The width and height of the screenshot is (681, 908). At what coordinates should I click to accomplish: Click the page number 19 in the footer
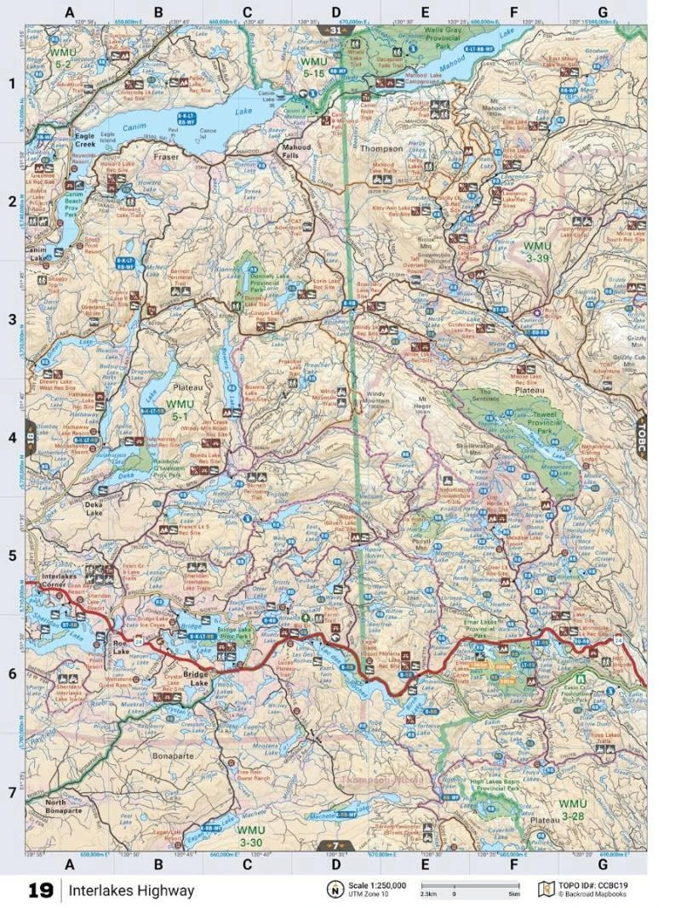click(x=40, y=890)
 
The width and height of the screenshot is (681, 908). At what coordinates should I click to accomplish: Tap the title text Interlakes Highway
click(x=132, y=891)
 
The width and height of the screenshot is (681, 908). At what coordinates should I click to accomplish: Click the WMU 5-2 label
click(x=63, y=59)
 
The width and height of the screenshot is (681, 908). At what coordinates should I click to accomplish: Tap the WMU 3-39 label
click(x=537, y=252)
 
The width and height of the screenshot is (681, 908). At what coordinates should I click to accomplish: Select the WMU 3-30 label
click(x=252, y=835)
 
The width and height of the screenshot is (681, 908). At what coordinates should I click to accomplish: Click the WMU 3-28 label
click(x=572, y=809)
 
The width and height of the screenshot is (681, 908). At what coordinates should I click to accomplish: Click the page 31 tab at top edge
click(x=335, y=31)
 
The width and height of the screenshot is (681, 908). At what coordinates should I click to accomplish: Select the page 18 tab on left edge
click(x=31, y=434)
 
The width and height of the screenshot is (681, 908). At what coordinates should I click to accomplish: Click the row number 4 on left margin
click(x=13, y=437)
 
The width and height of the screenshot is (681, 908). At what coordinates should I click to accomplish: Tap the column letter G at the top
click(x=602, y=12)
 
